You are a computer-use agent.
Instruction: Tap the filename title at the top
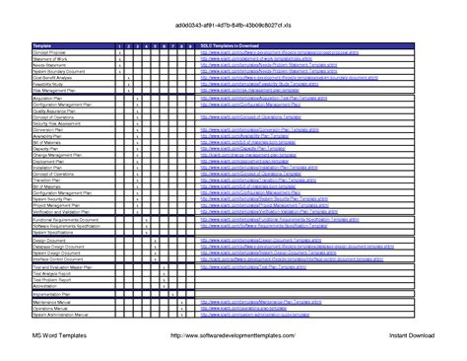pos(233,24)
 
